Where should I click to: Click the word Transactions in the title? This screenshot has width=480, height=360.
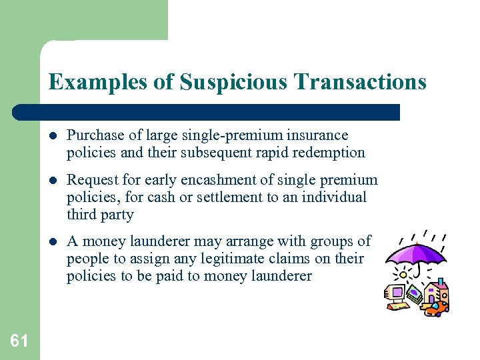pos(361,82)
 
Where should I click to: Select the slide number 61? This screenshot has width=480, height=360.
pos(19,341)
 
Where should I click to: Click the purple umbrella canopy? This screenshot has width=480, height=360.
pos(416,253)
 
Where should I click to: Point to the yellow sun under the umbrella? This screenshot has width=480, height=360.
pos(403,275)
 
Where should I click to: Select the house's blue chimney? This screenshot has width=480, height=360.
pos(440,281)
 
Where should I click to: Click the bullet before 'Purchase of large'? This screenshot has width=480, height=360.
pos(54,136)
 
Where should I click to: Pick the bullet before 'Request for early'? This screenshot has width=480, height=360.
pos(54,180)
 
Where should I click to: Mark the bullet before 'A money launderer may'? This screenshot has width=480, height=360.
pos(54,241)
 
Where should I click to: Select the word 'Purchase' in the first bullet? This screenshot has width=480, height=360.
pos(93,135)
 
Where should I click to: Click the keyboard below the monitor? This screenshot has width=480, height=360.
pos(397,306)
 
